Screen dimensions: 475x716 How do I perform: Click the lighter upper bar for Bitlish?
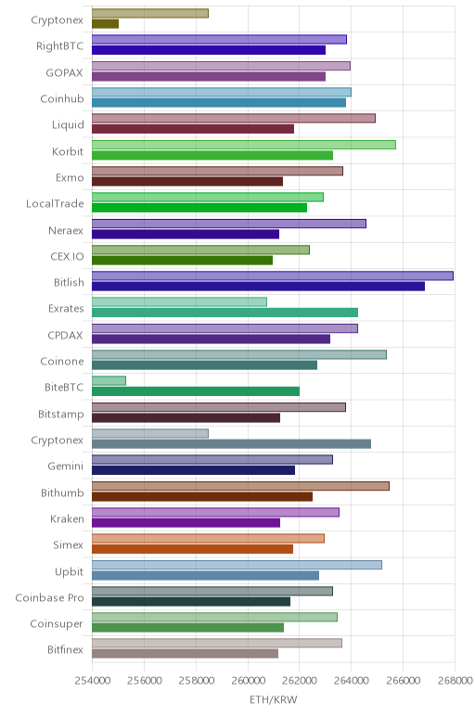click(273, 275)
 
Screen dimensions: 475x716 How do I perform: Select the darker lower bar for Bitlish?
click(258, 287)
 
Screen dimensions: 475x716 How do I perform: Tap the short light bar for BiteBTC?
click(109, 381)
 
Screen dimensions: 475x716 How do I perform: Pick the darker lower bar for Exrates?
click(225, 313)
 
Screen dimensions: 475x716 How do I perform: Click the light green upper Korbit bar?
click(244, 145)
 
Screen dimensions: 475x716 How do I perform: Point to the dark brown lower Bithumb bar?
click(202, 496)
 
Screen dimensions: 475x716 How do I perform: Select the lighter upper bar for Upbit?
click(237, 565)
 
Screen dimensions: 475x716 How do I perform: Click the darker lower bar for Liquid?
click(193, 129)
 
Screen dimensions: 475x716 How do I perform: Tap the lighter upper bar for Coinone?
click(239, 354)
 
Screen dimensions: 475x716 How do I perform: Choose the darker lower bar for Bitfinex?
click(185, 654)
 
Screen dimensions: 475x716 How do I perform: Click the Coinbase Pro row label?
click(49, 597)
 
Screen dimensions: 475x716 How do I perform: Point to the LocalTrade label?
click(55, 204)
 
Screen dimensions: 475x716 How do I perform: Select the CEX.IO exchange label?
click(67, 256)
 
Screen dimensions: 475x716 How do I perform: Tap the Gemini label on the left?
click(66, 467)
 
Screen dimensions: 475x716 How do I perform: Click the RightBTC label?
click(59, 46)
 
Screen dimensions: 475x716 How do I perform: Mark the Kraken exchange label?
click(67, 518)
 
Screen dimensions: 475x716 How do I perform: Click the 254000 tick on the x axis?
click(92, 681)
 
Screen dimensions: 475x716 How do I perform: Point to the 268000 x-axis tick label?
click(455, 681)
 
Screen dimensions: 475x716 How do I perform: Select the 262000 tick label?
click(300, 681)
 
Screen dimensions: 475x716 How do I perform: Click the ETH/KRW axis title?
click(273, 699)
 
